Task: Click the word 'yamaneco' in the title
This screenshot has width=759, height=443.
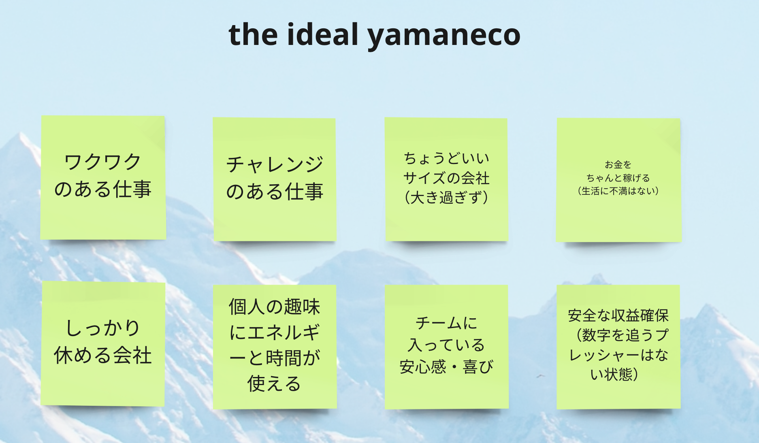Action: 443,36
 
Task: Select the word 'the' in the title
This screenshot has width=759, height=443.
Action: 254,34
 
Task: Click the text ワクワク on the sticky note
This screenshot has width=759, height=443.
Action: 102,162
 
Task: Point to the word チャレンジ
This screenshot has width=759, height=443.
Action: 275,164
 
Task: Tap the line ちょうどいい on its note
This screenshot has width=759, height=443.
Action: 446,158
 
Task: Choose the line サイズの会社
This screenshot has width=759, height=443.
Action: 446,178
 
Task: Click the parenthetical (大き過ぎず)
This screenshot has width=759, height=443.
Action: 446,198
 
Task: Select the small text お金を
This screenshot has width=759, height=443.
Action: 618,164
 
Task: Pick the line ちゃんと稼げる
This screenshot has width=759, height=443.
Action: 618,178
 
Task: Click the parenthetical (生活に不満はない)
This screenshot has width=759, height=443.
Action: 618,191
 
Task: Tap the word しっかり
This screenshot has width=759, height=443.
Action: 103,328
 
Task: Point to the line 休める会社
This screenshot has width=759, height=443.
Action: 103,355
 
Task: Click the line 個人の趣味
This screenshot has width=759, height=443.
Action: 275,307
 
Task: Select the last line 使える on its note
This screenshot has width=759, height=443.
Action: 275,383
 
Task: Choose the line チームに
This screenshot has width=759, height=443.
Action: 446,323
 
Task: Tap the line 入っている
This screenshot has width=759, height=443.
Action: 446,345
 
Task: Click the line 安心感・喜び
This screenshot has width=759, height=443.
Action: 446,367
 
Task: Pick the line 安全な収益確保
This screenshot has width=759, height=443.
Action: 618,315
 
